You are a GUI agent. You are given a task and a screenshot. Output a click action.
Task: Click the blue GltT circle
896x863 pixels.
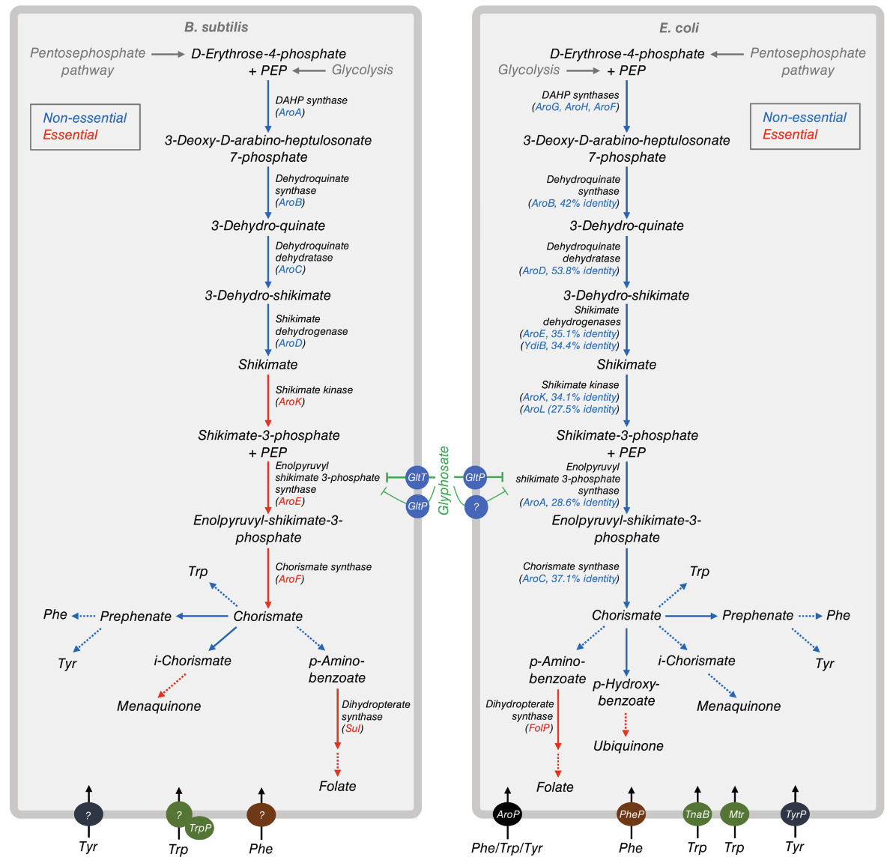(x=417, y=477)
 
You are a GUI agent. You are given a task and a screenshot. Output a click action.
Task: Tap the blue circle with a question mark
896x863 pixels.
(x=476, y=506)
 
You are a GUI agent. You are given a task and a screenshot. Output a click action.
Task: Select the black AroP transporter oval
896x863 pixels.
(x=507, y=814)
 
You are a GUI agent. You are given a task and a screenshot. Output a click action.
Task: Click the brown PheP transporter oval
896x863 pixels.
(x=631, y=814)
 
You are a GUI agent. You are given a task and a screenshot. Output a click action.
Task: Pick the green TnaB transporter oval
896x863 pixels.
(x=697, y=814)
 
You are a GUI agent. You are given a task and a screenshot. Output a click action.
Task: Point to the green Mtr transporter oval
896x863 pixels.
(x=734, y=814)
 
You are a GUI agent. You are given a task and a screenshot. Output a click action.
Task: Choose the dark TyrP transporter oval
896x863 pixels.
(x=795, y=814)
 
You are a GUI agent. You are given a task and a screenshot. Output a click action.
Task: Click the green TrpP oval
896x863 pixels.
(x=200, y=828)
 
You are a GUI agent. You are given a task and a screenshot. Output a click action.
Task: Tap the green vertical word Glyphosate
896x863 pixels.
(x=444, y=480)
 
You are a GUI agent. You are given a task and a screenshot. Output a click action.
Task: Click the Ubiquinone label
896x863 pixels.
(x=628, y=746)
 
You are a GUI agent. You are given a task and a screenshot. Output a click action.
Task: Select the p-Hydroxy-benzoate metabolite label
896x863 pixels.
(x=626, y=692)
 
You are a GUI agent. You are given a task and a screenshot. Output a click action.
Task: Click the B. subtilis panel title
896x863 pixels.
(x=216, y=27)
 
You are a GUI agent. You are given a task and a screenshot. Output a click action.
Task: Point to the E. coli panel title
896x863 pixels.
(x=679, y=28)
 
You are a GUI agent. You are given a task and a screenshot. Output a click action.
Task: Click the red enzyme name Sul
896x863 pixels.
(x=353, y=728)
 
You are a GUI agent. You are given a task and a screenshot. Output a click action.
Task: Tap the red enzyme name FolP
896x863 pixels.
(x=539, y=727)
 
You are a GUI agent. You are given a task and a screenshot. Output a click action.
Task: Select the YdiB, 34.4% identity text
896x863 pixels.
(x=570, y=345)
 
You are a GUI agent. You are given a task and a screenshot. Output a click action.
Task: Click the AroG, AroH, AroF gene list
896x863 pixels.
(x=575, y=107)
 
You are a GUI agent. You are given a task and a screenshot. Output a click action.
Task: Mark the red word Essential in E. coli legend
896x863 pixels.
(x=790, y=135)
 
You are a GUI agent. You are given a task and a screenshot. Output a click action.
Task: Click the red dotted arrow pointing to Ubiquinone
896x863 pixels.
(x=626, y=724)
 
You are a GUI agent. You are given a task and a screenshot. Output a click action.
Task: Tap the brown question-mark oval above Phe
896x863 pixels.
(x=261, y=814)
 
